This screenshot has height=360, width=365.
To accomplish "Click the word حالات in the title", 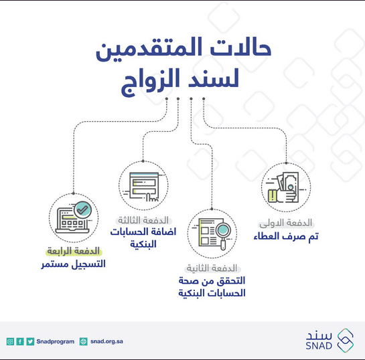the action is pyautogui.click(x=241, y=48).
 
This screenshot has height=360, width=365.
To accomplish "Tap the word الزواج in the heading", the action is pyautogui.click(x=151, y=81).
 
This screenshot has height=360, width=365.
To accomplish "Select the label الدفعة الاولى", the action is pyautogui.click(x=286, y=223).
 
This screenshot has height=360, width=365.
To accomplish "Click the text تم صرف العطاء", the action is pyautogui.click(x=286, y=236).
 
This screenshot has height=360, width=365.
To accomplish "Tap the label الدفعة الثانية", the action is pyautogui.click(x=212, y=268).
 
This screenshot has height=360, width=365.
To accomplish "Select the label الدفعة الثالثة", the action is pyautogui.click(x=143, y=220).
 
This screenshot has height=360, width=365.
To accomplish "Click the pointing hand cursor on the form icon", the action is pyautogui.click(x=151, y=198).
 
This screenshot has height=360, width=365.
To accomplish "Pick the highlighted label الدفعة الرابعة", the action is pyautogui.click(x=73, y=251).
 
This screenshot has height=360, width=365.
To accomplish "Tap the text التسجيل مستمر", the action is pyautogui.click(x=73, y=264).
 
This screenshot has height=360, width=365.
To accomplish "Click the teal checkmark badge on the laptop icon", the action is pyautogui.click(x=82, y=209).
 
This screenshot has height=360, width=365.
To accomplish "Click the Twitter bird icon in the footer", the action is pyautogui.click(x=30, y=341).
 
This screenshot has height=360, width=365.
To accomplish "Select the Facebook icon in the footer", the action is pyautogui.click(x=20, y=341).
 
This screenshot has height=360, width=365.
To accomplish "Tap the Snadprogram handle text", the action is pyautogui.click(x=56, y=341).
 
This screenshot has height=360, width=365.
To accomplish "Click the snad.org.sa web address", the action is pyautogui.click(x=106, y=341).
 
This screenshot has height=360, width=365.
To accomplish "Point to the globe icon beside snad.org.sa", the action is pyautogui.click(x=83, y=341).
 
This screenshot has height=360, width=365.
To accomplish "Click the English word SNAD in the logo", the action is pyautogui.click(x=319, y=346).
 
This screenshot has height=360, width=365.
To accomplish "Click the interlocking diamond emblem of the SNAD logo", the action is pyautogui.click(x=346, y=340).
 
